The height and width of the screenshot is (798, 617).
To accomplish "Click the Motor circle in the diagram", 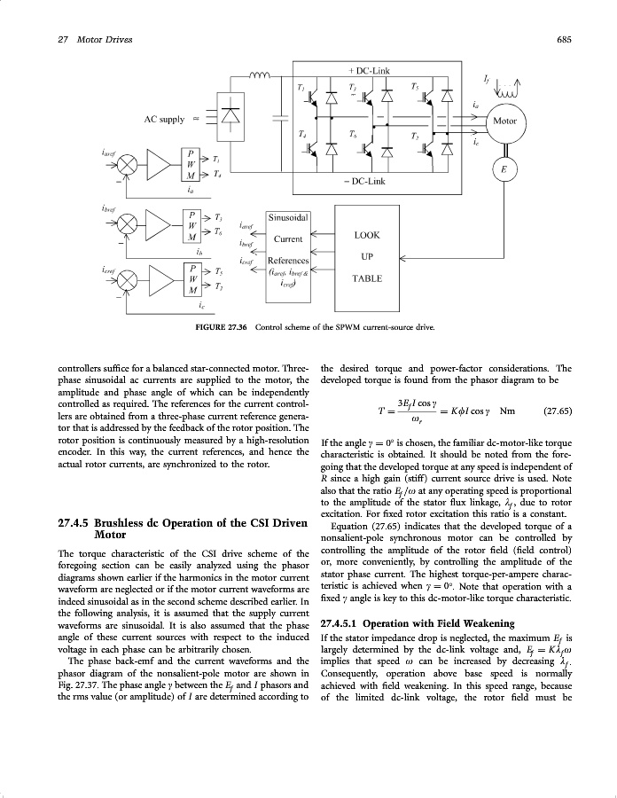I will (504, 121).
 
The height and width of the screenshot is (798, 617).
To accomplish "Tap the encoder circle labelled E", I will (504, 169).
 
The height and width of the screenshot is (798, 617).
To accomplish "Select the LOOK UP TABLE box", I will (367, 257).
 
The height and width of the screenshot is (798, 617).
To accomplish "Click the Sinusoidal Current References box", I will (288, 250).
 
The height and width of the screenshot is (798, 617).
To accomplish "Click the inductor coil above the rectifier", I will (263, 74).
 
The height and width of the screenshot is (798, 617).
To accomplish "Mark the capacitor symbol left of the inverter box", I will (281, 115).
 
